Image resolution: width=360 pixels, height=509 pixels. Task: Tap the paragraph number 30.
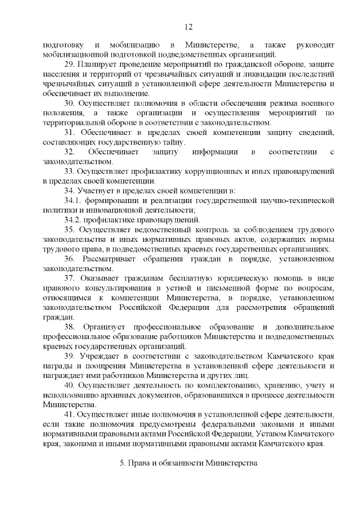[x=69, y=103]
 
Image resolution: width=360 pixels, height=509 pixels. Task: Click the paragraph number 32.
[x=69, y=152]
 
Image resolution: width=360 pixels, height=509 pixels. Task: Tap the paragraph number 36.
[x=70, y=259]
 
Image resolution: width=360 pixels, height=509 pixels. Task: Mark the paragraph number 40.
[x=69, y=385]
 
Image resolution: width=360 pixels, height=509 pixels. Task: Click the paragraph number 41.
[x=69, y=415]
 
